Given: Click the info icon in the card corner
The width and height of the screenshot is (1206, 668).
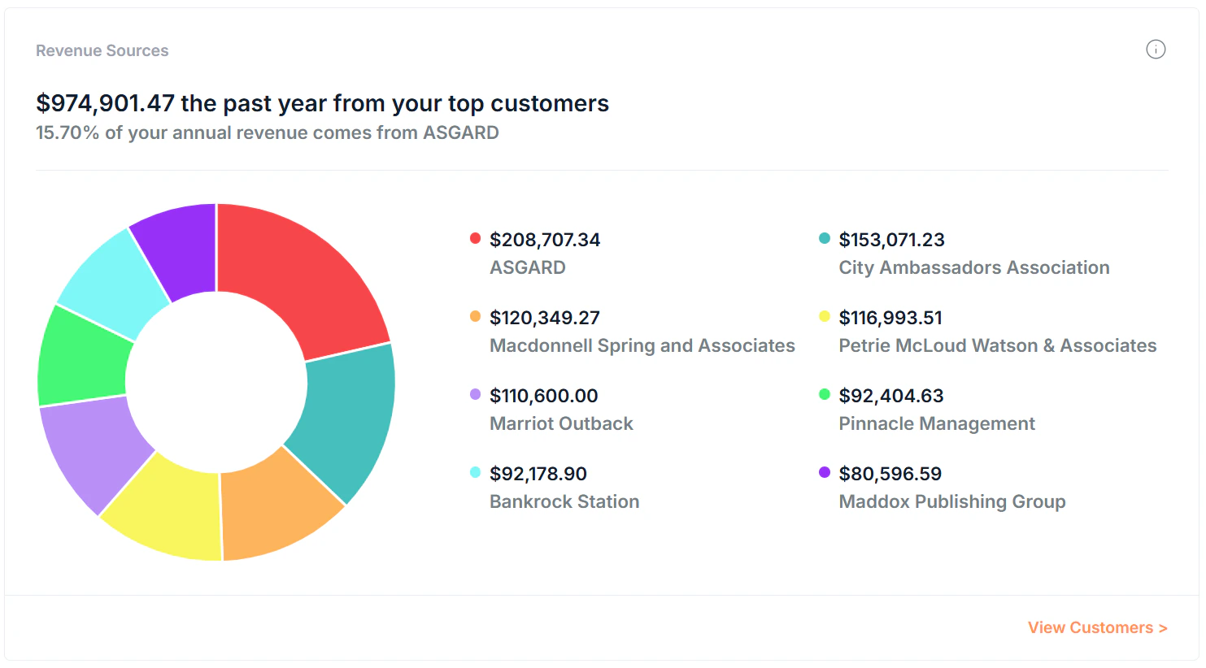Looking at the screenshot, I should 1156,50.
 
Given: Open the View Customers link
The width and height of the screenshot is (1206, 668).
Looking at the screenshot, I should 1097,627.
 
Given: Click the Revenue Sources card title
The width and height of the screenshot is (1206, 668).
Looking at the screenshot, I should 102,50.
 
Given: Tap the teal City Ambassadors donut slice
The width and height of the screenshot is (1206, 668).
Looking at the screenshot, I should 346,419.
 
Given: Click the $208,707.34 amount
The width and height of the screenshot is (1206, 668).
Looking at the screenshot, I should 545,240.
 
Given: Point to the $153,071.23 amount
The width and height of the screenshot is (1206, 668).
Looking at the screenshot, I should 891,240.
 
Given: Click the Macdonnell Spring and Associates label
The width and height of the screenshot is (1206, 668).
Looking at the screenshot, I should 642,345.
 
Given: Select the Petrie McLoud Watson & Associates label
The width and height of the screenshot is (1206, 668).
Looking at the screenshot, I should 997,345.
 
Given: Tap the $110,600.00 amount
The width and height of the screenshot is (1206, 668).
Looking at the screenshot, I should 543,396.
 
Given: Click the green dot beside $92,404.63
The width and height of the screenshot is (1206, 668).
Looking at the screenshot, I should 824,394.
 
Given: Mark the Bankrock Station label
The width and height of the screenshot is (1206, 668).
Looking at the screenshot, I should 564,501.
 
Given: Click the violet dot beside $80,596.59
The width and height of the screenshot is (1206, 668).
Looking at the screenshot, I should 824,472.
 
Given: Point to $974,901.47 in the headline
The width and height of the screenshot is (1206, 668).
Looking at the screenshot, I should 106,103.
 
